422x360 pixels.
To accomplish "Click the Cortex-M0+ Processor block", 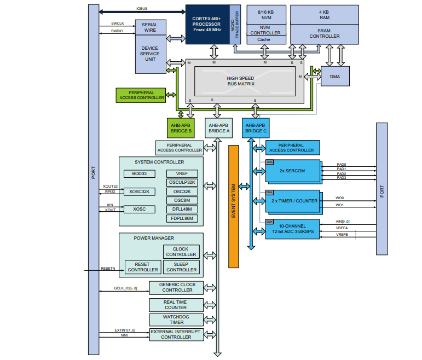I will tap(207, 24).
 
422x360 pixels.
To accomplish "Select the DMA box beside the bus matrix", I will tap(335, 77).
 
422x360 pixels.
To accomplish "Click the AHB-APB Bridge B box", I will tap(181, 129).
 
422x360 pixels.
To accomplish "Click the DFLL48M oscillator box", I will tap(182, 209).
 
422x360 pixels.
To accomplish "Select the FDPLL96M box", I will tap(182, 218).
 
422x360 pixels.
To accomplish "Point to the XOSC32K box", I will tap(140, 191).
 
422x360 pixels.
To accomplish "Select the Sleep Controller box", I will tap(181, 267).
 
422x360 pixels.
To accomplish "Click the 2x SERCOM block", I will tap(292, 170).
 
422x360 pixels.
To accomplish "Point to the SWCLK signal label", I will tap(117, 24).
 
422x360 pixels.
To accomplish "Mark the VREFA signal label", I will tap(342, 228).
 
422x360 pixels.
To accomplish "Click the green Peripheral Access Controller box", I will tap(141, 95).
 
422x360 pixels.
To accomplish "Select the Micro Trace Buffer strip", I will tap(235, 24).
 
